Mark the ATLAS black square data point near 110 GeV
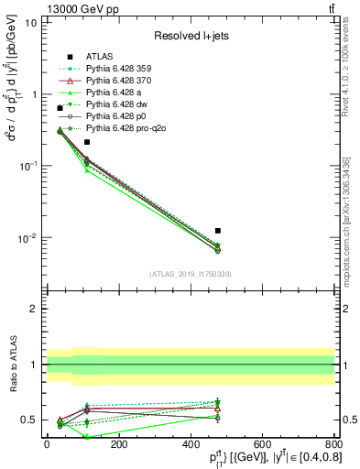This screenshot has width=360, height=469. coord(87,142)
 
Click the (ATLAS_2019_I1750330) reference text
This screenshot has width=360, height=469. coord(191,274)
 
